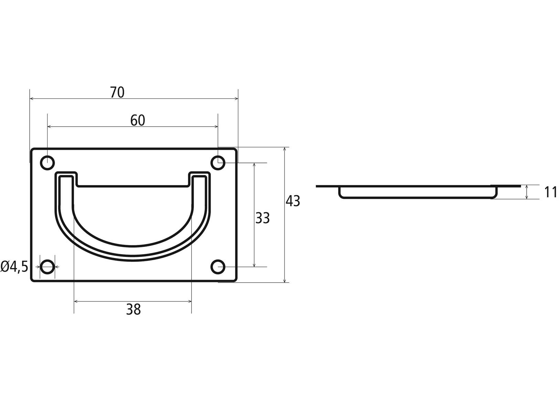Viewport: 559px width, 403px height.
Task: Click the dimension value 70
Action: tap(117, 92)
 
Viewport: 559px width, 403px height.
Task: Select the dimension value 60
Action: tap(138, 120)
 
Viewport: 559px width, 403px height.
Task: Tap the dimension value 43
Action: tap(293, 201)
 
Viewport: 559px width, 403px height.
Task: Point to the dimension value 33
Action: tap(262, 218)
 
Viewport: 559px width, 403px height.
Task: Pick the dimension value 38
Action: tap(133, 309)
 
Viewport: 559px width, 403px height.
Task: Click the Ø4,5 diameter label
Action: tap(14, 267)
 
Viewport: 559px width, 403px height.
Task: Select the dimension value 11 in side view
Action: tap(550, 192)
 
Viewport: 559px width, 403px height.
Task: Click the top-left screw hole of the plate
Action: tap(47, 163)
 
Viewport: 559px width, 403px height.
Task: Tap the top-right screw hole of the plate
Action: tap(218, 163)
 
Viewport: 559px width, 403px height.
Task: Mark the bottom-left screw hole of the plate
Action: tap(47, 267)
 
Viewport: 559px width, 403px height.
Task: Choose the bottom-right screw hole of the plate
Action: tap(218, 267)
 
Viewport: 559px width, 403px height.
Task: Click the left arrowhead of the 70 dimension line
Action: tap(31, 99)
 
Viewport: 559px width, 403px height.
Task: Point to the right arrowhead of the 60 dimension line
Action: tap(216, 127)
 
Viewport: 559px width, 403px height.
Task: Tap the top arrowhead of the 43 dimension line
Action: tap(284, 149)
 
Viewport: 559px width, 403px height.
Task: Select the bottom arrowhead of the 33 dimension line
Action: tap(254, 265)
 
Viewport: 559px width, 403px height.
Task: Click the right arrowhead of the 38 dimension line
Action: tap(190, 301)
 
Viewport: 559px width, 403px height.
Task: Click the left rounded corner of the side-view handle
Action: tap(341, 196)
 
